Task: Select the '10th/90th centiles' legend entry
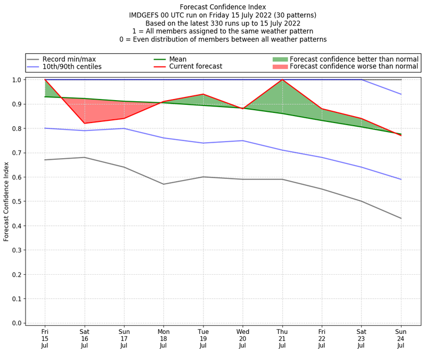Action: [x=72, y=67]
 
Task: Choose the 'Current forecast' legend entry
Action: [x=195, y=67]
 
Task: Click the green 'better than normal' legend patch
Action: [x=280, y=59]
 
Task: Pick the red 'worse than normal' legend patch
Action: [x=280, y=67]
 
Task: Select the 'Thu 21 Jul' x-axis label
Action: [x=282, y=338]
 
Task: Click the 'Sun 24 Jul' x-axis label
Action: [x=401, y=338]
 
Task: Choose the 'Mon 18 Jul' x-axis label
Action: [x=163, y=338]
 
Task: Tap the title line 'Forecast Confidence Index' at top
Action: [x=223, y=7]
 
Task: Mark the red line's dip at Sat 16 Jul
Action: [x=84, y=124]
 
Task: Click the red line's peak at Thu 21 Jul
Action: [x=282, y=80]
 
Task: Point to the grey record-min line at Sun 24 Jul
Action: [x=401, y=218]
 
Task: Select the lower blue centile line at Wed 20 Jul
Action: [x=243, y=141]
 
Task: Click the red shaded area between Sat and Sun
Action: [x=104, y=111]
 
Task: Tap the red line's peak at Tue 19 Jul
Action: [x=203, y=94]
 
